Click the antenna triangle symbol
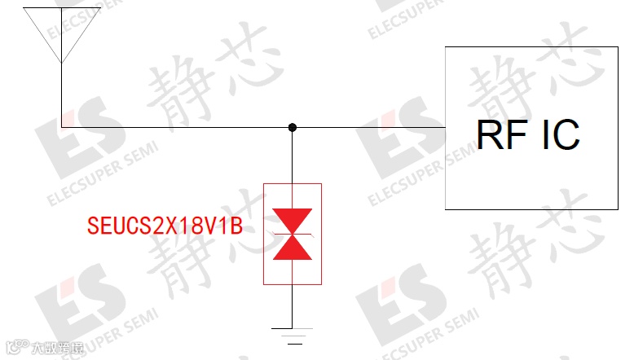tap(62, 29)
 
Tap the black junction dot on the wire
tap(293, 128)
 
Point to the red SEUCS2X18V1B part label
tap(165, 226)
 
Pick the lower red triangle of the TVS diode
tap(293, 248)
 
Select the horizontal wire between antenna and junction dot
tap(175, 128)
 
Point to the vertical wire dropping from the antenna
tap(62, 94)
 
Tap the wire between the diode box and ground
tap(293, 305)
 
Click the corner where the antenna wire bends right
tap(62, 128)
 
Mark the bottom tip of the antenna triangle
tap(62, 62)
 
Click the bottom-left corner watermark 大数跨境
tap(49, 349)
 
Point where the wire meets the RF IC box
tap(445, 128)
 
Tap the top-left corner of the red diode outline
tap(264, 184)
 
